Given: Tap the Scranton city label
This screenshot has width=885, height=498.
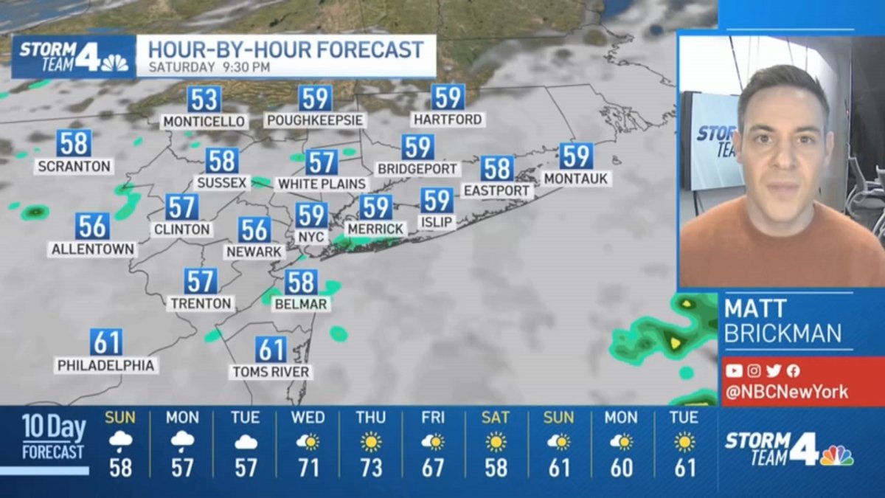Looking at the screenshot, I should click(x=74, y=167).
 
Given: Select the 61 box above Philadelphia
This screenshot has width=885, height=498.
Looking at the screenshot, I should click(x=106, y=342).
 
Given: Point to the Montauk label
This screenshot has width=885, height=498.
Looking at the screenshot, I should click(x=577, y=179).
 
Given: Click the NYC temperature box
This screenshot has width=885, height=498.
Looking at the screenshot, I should click(x=311, y=215).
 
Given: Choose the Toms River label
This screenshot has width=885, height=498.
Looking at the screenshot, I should click(x=270, y=372).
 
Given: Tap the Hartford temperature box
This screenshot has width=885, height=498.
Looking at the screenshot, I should click(x=448, y=97).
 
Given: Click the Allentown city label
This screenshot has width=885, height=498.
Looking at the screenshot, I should click(x=92, y=249).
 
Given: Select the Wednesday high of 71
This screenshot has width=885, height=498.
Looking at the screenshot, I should click(x=308, y=468).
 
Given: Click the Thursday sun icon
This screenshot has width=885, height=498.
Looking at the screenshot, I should click(x=371, y=442).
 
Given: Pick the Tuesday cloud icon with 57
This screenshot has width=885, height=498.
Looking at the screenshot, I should click(x=246, y=442).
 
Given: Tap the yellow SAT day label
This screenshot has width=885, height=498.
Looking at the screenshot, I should click(x=496, y=418).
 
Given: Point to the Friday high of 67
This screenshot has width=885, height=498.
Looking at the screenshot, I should click(x=433, y=468).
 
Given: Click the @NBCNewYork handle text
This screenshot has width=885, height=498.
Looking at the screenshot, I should click(x=786, y=392).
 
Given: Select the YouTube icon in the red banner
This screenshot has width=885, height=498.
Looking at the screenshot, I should click(x=733, y=371).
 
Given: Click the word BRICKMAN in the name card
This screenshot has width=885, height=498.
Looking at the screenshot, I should click(x=782, y=333).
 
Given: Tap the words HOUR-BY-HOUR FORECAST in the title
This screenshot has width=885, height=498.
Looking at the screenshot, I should click(x=285, y=49).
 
